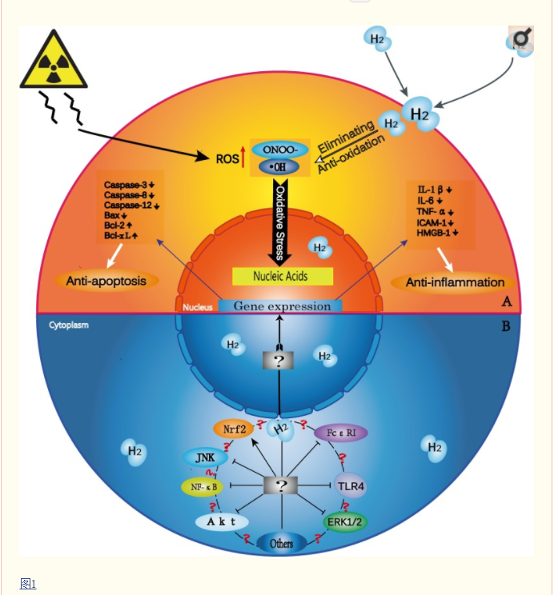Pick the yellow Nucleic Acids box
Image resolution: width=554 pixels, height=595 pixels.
coord(281,276)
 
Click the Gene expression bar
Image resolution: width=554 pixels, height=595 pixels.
coord(281,306)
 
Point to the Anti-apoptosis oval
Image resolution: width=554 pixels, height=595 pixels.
coord(106,281)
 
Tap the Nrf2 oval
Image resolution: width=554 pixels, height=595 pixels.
coord(233,429)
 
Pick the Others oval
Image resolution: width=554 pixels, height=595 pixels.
coord(281,543)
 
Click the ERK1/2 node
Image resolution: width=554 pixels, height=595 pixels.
coord(345,522)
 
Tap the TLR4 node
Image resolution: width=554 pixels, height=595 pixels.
coord(351,485)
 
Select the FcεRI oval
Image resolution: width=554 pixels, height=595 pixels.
coord(340,433)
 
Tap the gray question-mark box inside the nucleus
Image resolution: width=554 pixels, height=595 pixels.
coord(279,360)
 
